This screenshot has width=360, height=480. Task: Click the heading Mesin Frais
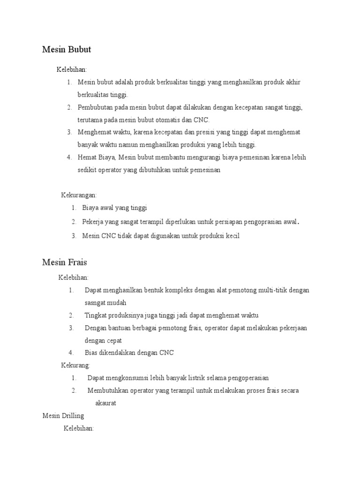pos(64,262)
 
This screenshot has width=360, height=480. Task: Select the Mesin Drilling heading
pos(63,415)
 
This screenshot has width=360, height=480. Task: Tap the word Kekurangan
pos(79,195)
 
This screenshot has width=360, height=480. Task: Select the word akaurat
pos(105,403)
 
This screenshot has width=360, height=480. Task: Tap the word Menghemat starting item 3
pos(93,133)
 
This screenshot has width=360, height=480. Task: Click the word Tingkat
pos(95,315)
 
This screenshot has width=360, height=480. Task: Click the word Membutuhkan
pos(107,390)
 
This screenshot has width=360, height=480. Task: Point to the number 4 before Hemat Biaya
pos(69,157)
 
